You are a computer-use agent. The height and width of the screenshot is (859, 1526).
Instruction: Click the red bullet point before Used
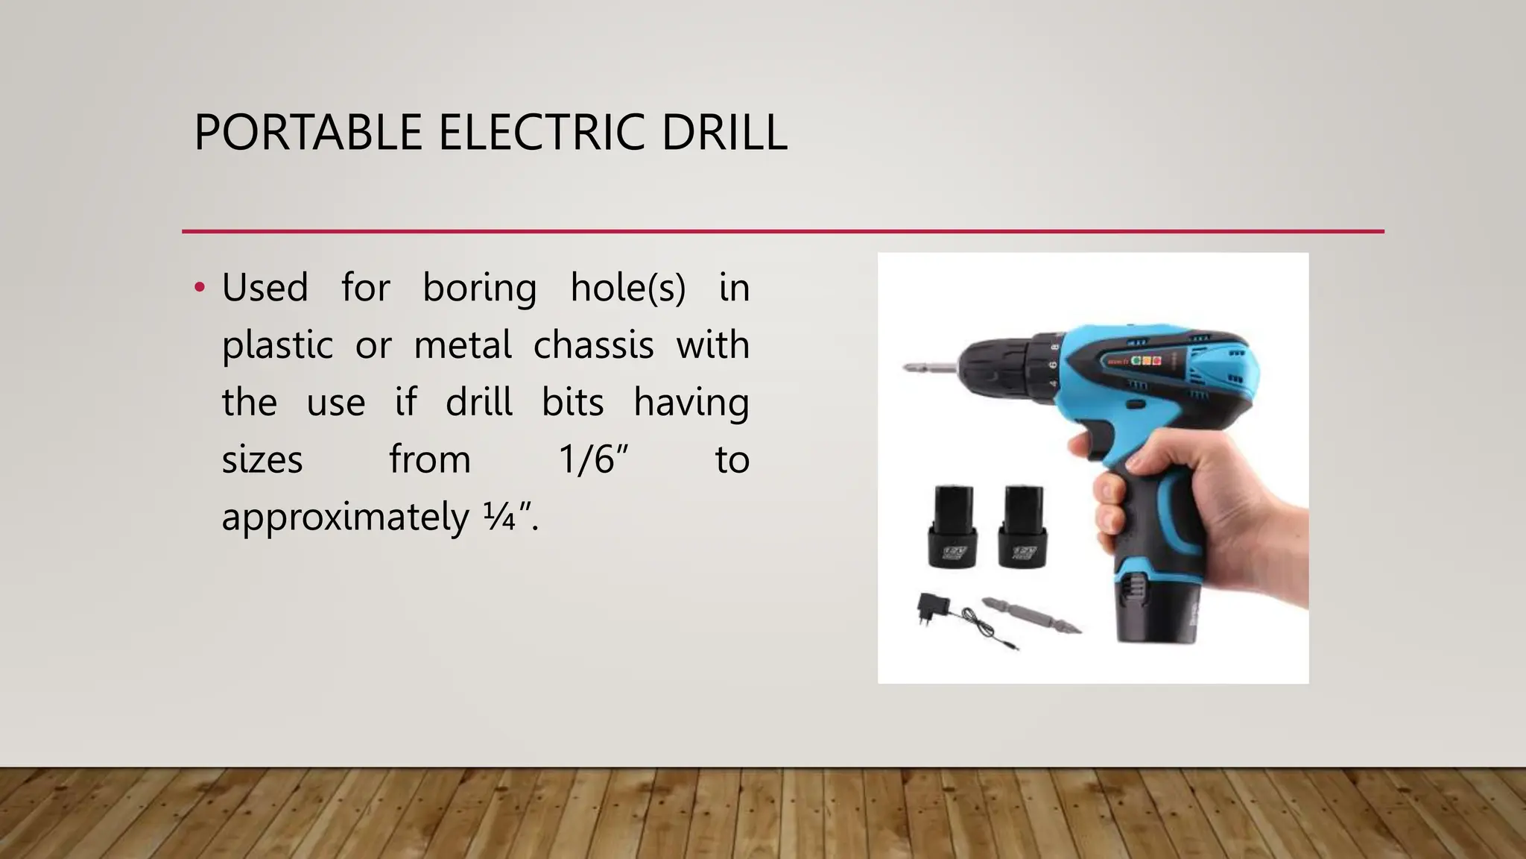(199, 288)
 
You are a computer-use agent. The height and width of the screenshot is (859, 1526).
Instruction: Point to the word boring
(479, 288)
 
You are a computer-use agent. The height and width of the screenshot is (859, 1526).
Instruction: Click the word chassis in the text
(593, 345)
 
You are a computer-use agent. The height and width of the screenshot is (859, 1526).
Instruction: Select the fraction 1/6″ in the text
(594, 459)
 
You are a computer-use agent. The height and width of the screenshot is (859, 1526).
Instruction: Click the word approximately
(345, 517)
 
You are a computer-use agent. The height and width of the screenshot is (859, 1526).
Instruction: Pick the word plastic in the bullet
(277, 345)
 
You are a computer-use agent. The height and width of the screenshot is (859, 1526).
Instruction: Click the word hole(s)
(627, 288)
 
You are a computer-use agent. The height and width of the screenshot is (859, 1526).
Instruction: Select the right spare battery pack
(1022, 526)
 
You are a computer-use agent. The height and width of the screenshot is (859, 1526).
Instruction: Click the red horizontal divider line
(782, 231)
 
